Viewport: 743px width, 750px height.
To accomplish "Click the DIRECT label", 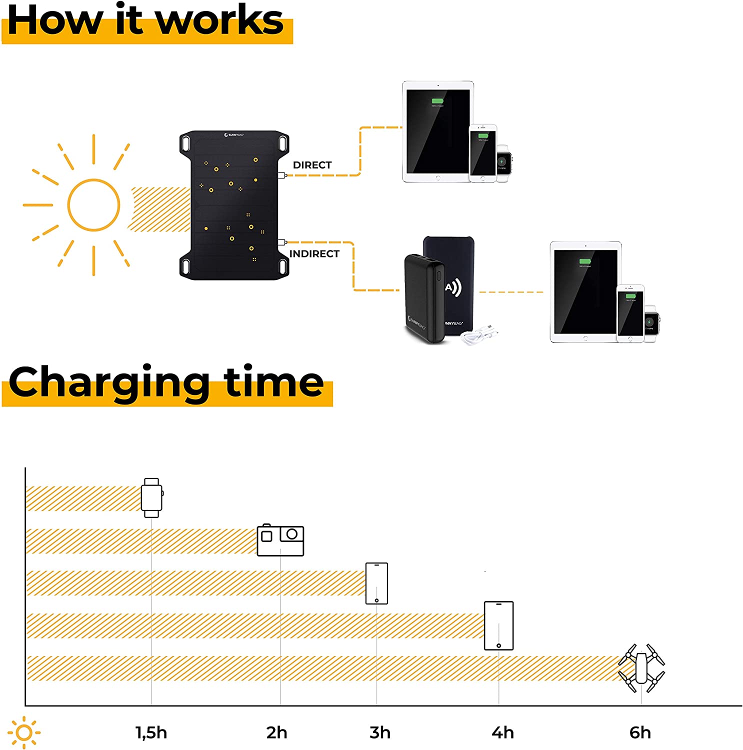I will click(x=312, y=165).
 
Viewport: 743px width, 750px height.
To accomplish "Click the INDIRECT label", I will click(x=314, y=254).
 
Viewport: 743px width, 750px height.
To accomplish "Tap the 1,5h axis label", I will click(x=151, y=732).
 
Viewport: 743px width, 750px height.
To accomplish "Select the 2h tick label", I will click(x=276, y=732).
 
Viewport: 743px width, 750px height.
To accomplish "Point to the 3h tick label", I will click(x=380, y=732).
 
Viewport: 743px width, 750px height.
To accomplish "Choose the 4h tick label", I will click(x=502, y=732).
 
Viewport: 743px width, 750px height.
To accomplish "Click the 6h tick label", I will click(x=640, y=732).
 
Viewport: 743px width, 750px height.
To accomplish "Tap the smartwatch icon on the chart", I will click(x=151, y=497).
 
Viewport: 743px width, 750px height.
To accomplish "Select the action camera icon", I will click(x=280, y=540).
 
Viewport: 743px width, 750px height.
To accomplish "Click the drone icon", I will click(x=641, y=668).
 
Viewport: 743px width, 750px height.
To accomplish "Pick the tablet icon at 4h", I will click(x=498, y=625).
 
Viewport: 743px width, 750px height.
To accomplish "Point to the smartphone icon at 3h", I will click(x=376, y=583).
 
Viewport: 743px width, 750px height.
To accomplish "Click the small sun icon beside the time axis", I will click(x=24, y=733).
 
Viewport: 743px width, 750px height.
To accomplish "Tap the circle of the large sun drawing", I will click(x=93, y=205).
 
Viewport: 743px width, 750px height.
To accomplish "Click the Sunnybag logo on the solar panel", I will click(x=234, y=135).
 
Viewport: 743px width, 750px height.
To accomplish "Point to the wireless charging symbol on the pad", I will click(x=453, y=287).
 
